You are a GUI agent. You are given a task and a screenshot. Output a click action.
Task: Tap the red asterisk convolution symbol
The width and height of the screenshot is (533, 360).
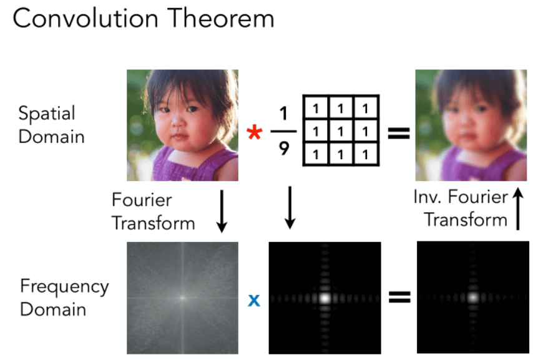[254, 132]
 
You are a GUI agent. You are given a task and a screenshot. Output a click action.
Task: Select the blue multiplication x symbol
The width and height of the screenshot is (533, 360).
[254, 300]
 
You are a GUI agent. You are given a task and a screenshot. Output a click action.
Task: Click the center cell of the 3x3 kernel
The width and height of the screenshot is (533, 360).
[341, 131]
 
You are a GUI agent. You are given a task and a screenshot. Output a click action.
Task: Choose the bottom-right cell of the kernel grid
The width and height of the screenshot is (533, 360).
[366, 154]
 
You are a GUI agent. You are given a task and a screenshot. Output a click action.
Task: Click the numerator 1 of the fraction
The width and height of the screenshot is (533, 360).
[283, 114]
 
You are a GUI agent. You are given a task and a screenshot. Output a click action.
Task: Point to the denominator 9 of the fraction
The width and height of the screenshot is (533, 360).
[284, 148]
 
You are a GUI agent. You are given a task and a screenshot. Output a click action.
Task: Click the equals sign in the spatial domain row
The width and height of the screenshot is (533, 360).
[399, 133]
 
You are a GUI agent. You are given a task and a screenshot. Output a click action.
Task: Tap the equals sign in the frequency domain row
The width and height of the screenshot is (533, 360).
[399, 296]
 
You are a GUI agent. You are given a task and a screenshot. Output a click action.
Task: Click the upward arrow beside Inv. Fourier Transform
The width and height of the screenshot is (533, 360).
[518, 209]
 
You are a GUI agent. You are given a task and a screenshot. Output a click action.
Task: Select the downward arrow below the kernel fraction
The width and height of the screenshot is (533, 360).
[290, 207]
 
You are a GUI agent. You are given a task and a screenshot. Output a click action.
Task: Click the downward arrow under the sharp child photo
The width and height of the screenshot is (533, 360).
[222, 211]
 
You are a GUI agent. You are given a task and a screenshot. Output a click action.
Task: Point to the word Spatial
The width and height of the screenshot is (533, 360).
[47, 114]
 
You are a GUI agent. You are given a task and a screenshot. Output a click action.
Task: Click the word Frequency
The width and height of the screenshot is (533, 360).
[64, 287]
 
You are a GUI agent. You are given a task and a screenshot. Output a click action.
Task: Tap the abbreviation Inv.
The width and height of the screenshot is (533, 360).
[428, 197]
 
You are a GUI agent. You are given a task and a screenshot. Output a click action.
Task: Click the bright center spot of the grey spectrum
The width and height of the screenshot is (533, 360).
[182, 298]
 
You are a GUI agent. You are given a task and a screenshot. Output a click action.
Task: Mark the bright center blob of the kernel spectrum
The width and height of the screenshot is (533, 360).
[325, 298]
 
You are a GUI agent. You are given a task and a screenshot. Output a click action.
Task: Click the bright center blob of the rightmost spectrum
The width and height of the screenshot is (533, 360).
[473, 298]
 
